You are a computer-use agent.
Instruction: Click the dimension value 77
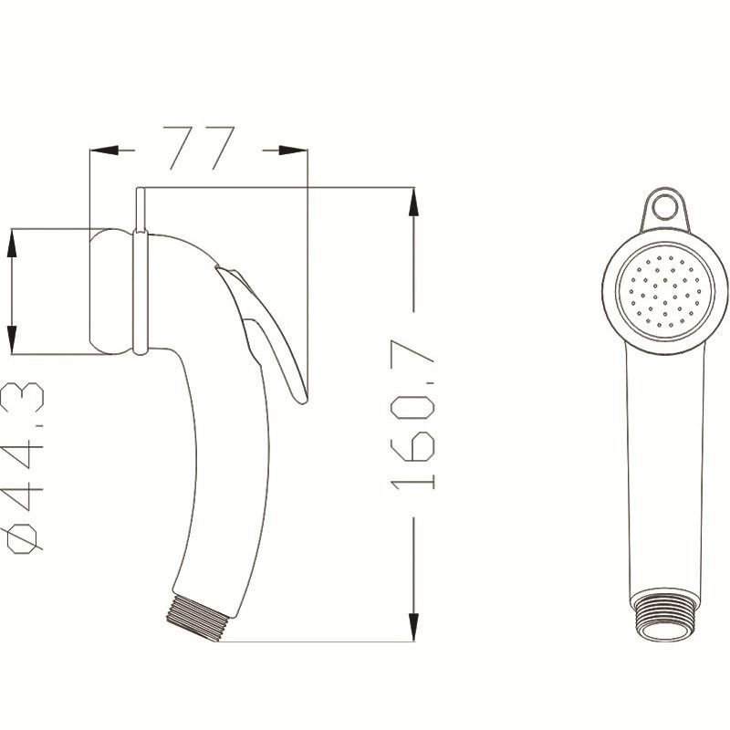pos(200,149)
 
